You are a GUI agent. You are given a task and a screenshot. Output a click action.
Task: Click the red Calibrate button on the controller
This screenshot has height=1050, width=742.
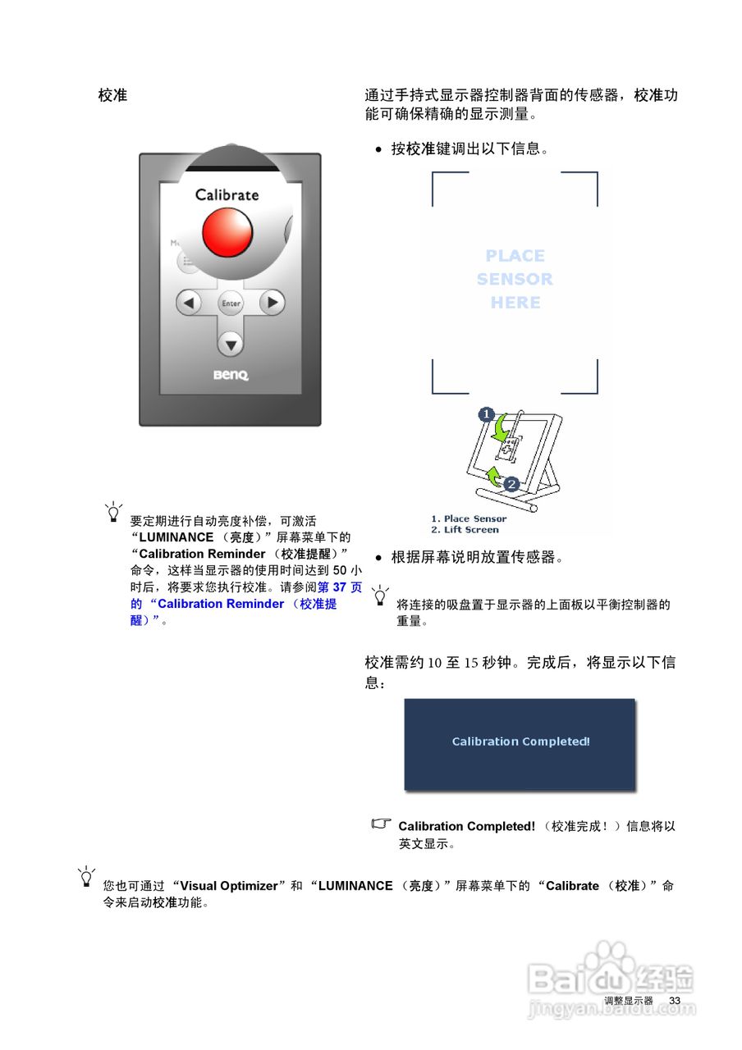click(227, 231)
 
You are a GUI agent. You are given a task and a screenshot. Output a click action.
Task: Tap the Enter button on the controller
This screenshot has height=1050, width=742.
click(231, 304)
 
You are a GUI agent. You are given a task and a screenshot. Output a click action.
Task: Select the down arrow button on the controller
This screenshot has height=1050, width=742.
click(231, 345)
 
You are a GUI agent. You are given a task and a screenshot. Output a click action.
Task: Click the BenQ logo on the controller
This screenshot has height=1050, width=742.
click(231, 376)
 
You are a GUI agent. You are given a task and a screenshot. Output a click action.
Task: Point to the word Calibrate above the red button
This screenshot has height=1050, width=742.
click(227, 195)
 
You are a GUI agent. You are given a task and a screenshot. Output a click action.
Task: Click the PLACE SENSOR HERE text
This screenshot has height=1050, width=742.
click(515, 279)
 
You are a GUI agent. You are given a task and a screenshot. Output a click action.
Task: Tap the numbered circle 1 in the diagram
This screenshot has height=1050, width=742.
click(485, 415)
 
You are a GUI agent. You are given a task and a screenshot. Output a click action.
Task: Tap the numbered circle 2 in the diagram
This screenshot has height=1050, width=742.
click(511, 485)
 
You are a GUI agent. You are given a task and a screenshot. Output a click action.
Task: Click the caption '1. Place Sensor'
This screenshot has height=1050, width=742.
click(469, 518)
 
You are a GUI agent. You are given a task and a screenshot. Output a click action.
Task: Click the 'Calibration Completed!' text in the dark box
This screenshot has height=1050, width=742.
click(520, 742)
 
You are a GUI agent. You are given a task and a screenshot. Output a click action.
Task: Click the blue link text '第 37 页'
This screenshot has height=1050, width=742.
click(339, 587)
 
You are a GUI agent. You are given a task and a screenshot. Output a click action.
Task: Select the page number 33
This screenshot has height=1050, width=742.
click(675, 1001)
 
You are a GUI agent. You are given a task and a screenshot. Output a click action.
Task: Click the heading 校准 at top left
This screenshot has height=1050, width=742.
click(112, 95)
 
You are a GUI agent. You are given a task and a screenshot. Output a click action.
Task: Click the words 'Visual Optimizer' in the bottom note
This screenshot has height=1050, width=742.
click(229, 886)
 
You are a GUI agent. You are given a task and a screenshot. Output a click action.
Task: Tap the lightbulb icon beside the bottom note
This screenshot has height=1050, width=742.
click(86, 876)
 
